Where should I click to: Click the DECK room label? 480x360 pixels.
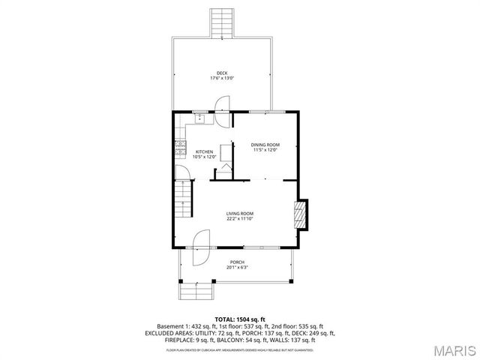pyautogui.click(x=222, y=73)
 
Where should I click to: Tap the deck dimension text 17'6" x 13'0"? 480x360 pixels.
pyautogui.click(x=222, y=78)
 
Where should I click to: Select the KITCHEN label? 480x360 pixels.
pyautogui.click(x=205, y=151)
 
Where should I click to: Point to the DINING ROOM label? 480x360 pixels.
pyautogui.click(x=265, y=144)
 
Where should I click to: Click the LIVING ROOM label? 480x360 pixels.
pyautogui.click(x=240, y=214)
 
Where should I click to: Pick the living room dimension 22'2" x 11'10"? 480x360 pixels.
pyautogui.click(x=240, y=219)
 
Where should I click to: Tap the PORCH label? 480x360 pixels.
pyautogui.click(x=237, y=262)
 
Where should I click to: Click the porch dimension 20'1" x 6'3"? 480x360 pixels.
pyautogui.click(x=237, y=267)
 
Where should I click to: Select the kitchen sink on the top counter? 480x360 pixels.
pyautogui.click(x=200, y=118)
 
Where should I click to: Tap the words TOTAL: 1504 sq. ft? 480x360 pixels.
pyautogui.click(x=240, y=319)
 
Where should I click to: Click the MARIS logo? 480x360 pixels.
pyautogui.click(x=452, y=349)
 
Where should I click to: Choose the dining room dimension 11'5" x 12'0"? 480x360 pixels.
pyautogui.click(x=265, y=149)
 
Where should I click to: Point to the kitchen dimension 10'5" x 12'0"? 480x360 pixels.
pyautogui.click(x=205, y=157)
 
